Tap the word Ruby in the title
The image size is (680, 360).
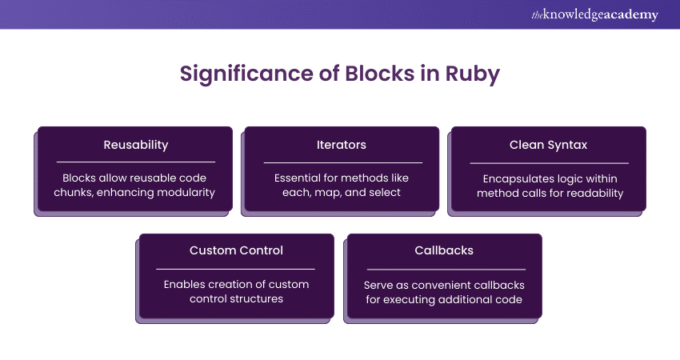(x=477, y=74)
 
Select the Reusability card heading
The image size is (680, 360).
(x=134, y=145)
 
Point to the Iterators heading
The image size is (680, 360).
(x=341, y=145)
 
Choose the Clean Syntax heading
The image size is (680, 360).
(x=547, y=145)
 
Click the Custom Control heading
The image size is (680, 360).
(x=236, y=250)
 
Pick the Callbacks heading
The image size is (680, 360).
(x=444, y=250)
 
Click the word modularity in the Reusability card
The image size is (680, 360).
(x=186, y=193)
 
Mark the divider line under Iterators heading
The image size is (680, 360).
(x=341, y=162)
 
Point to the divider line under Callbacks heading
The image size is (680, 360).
(x=444, y=269)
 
